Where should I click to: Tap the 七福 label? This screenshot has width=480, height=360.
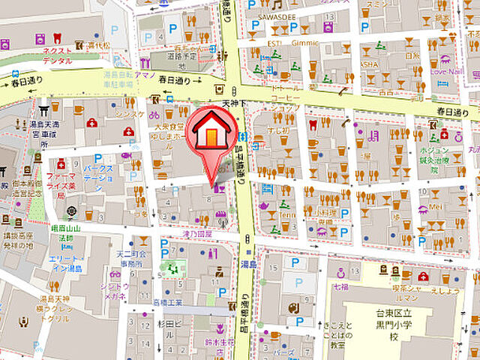click(x=341, y=286)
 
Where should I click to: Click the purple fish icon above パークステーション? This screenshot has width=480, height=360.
click(x=126, y=156)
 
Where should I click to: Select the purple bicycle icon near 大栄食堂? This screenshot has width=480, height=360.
click(x=154, y=115)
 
